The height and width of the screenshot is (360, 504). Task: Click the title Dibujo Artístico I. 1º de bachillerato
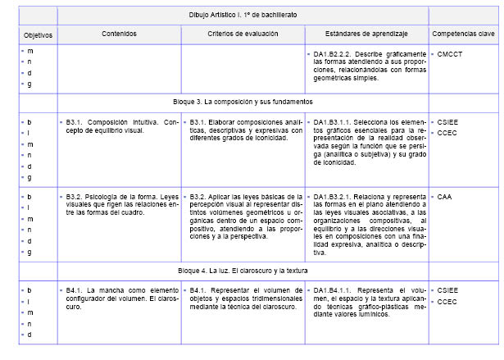pyautogui.click(x=243, y=16)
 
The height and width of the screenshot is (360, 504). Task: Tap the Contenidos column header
pyautogui.click(x=120, y=34)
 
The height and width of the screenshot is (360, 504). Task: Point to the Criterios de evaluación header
pyautogui.click(x=242, y=34)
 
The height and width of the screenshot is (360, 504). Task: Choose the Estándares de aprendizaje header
pyautogui.click(x=365, y=34)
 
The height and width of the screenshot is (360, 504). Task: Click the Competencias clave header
pyautogui.click(x=464, y=34)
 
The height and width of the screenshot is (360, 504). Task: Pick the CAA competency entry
pyautogui.click(x=445, y=198)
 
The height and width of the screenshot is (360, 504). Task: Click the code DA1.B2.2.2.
pyautogui.click(x=333, y=53)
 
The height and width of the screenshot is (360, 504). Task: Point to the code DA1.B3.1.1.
pyautogui.click(x=333, y=121)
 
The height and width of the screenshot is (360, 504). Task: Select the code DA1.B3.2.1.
pyautogui.click(x=333, y=198)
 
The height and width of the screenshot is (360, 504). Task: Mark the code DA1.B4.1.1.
pyautogui.click(x=333, y=290)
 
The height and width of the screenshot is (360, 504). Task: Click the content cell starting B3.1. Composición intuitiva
pyautogui.click(x=120, y=126)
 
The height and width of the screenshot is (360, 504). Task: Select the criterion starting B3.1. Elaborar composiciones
pyautogui.click(x=242, y=130)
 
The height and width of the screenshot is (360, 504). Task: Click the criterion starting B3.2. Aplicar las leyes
pyautogui.click(x=242, y=216)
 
